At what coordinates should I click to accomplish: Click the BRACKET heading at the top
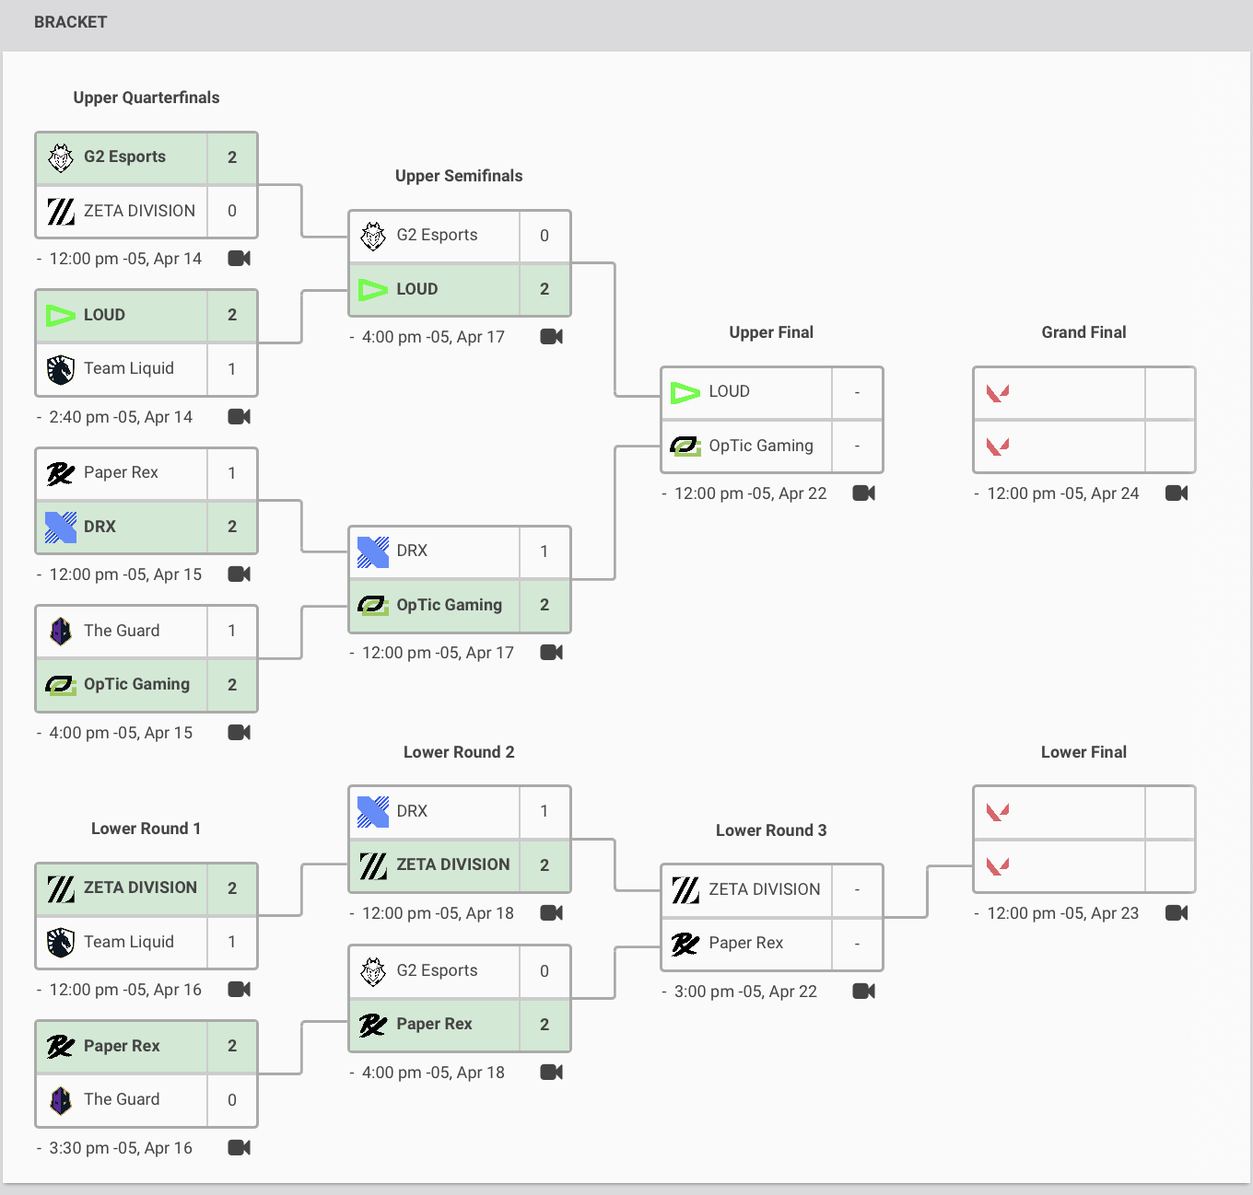tap(70, 22)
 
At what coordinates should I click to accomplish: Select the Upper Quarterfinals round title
tap(146, 98)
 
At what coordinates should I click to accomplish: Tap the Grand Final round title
tap(1083, 332)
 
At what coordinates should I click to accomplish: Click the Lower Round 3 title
tap(771, 830)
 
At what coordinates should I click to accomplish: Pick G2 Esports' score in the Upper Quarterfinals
tap(232, 157)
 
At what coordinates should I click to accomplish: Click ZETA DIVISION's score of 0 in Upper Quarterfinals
tap(232, 211)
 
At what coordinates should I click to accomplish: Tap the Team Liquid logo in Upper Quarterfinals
tap(61, 369)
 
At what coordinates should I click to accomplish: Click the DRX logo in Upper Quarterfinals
tap(61, 527)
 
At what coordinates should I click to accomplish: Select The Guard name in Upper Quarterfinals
tap(122, 631)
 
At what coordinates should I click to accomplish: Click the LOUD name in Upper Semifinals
tap(417, 289)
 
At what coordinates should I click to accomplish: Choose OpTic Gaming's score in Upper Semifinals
tap(545, 605)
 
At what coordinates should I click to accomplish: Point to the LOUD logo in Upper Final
tap(685, 393)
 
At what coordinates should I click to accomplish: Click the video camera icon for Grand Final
tap(1177, 493)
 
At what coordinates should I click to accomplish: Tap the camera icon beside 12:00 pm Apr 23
tap(1177, 913)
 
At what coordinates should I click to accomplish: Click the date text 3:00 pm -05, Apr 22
tap(745, 992)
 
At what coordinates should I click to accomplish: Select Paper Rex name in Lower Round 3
tap(746, 943)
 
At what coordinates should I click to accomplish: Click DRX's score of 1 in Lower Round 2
tap(545, 811)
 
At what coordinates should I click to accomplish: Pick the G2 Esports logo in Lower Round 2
tap(373, 971)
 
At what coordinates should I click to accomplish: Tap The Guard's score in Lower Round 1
tap(232, 1100)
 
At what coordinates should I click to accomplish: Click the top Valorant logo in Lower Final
tap(998, 812)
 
